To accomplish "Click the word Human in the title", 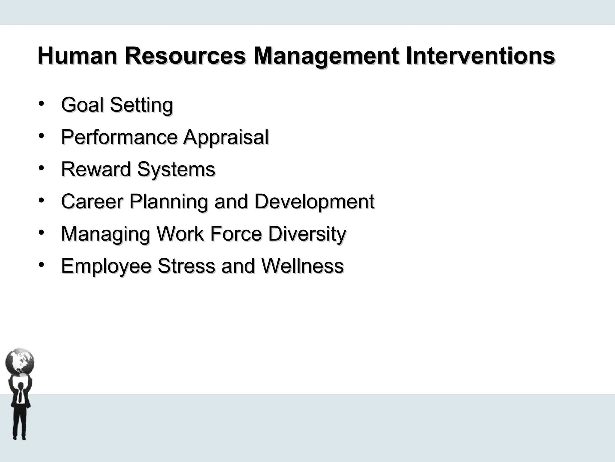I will coord(77,56).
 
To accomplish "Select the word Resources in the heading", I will coord(185,56).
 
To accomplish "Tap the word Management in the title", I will coord(326,56).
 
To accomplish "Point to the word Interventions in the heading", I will coord(480,56).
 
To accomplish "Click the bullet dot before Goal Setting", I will coord(41,103).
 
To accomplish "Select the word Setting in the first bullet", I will coord(141,105).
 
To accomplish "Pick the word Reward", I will coord(96,169).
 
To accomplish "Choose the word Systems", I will coord(176,170).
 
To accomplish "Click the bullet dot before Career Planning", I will coord(41,200).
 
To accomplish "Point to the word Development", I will coord(314,202).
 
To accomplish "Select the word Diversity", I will coord(307,234).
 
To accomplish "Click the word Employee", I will coord(106,266).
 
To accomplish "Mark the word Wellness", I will coord(302,266).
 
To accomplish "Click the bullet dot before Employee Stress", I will coord(41,264).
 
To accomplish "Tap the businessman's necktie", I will coord(20,395).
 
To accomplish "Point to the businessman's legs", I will coord(20,424).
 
